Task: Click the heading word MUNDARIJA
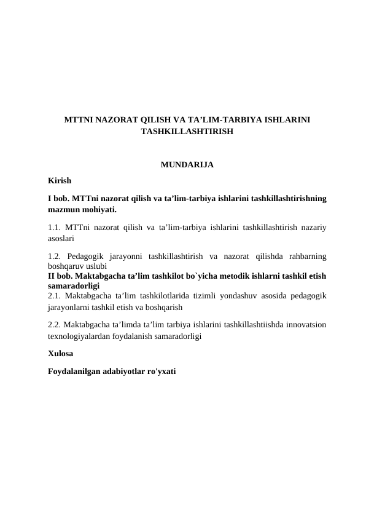coord(187,165)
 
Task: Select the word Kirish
coord(60,181)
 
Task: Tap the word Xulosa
coord(60,354)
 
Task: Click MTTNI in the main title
coord(79,119)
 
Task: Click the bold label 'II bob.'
coord(60,276)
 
